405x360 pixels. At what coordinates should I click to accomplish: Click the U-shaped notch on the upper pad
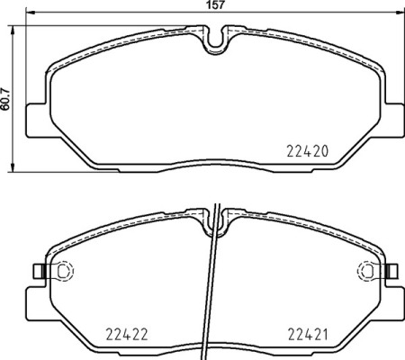[x=216, y=39]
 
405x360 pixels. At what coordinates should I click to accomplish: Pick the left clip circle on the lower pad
[x=64, y=270]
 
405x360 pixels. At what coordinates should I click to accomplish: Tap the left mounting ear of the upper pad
[x=34, y=116]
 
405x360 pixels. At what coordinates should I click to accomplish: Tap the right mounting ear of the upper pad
[x=397, y=116]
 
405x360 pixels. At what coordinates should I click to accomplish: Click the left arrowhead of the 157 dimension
[x=27, y=14]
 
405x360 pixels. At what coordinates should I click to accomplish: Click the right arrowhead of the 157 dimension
[x=401, y=14]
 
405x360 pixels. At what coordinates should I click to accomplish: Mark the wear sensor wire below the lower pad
[x=212, y=297]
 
